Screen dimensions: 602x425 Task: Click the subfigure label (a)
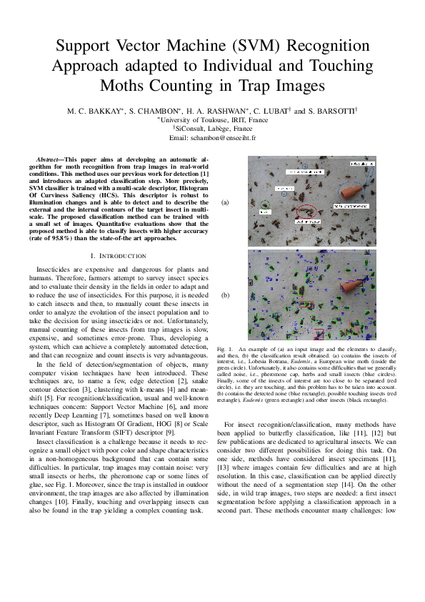[x=226, y=202]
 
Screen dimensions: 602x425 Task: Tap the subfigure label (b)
[x=226, y=295]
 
